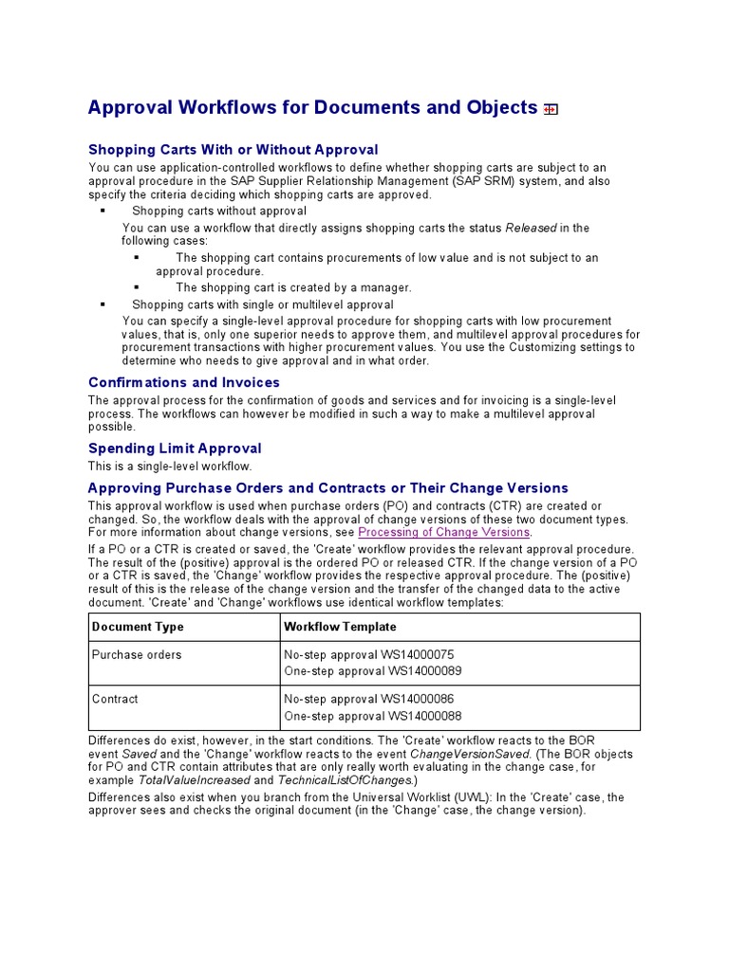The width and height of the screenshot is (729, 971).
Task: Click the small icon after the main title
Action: [551, 109]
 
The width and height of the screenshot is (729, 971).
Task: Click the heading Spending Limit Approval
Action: [175, 449]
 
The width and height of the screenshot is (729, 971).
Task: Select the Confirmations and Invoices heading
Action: [184, 382]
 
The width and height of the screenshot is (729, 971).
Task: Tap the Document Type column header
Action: [138, 627]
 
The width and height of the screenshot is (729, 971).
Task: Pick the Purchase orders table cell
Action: [137, 654]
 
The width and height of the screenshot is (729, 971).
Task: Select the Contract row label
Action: [115, 699]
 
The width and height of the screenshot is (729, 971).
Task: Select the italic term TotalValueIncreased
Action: [195, 779]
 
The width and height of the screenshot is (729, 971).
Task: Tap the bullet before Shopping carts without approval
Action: [103, 211]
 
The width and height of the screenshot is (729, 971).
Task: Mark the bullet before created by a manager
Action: [137, 287]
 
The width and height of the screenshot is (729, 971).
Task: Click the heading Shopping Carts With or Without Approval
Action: [233, 150]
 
